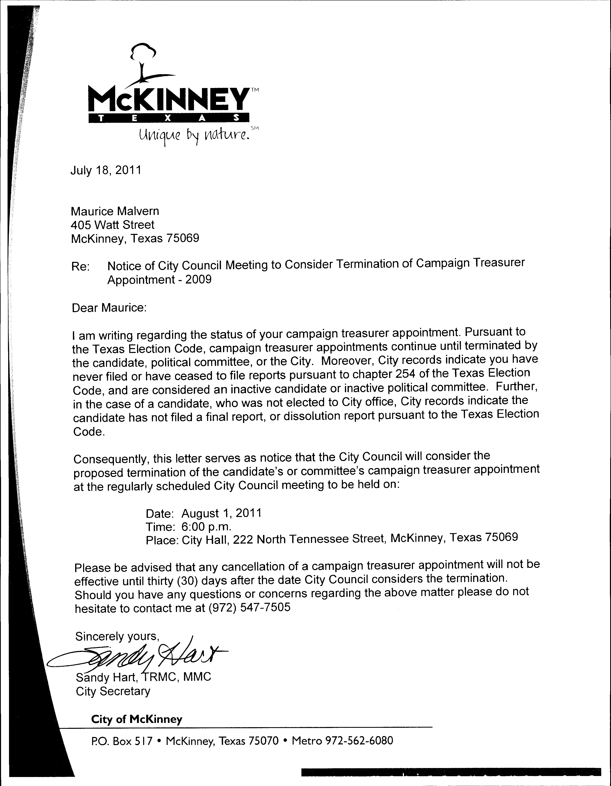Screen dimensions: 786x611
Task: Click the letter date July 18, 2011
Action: pos(106,170)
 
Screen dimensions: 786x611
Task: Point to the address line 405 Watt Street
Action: pos(113,225)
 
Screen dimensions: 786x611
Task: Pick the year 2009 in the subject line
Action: pos(198,280)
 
